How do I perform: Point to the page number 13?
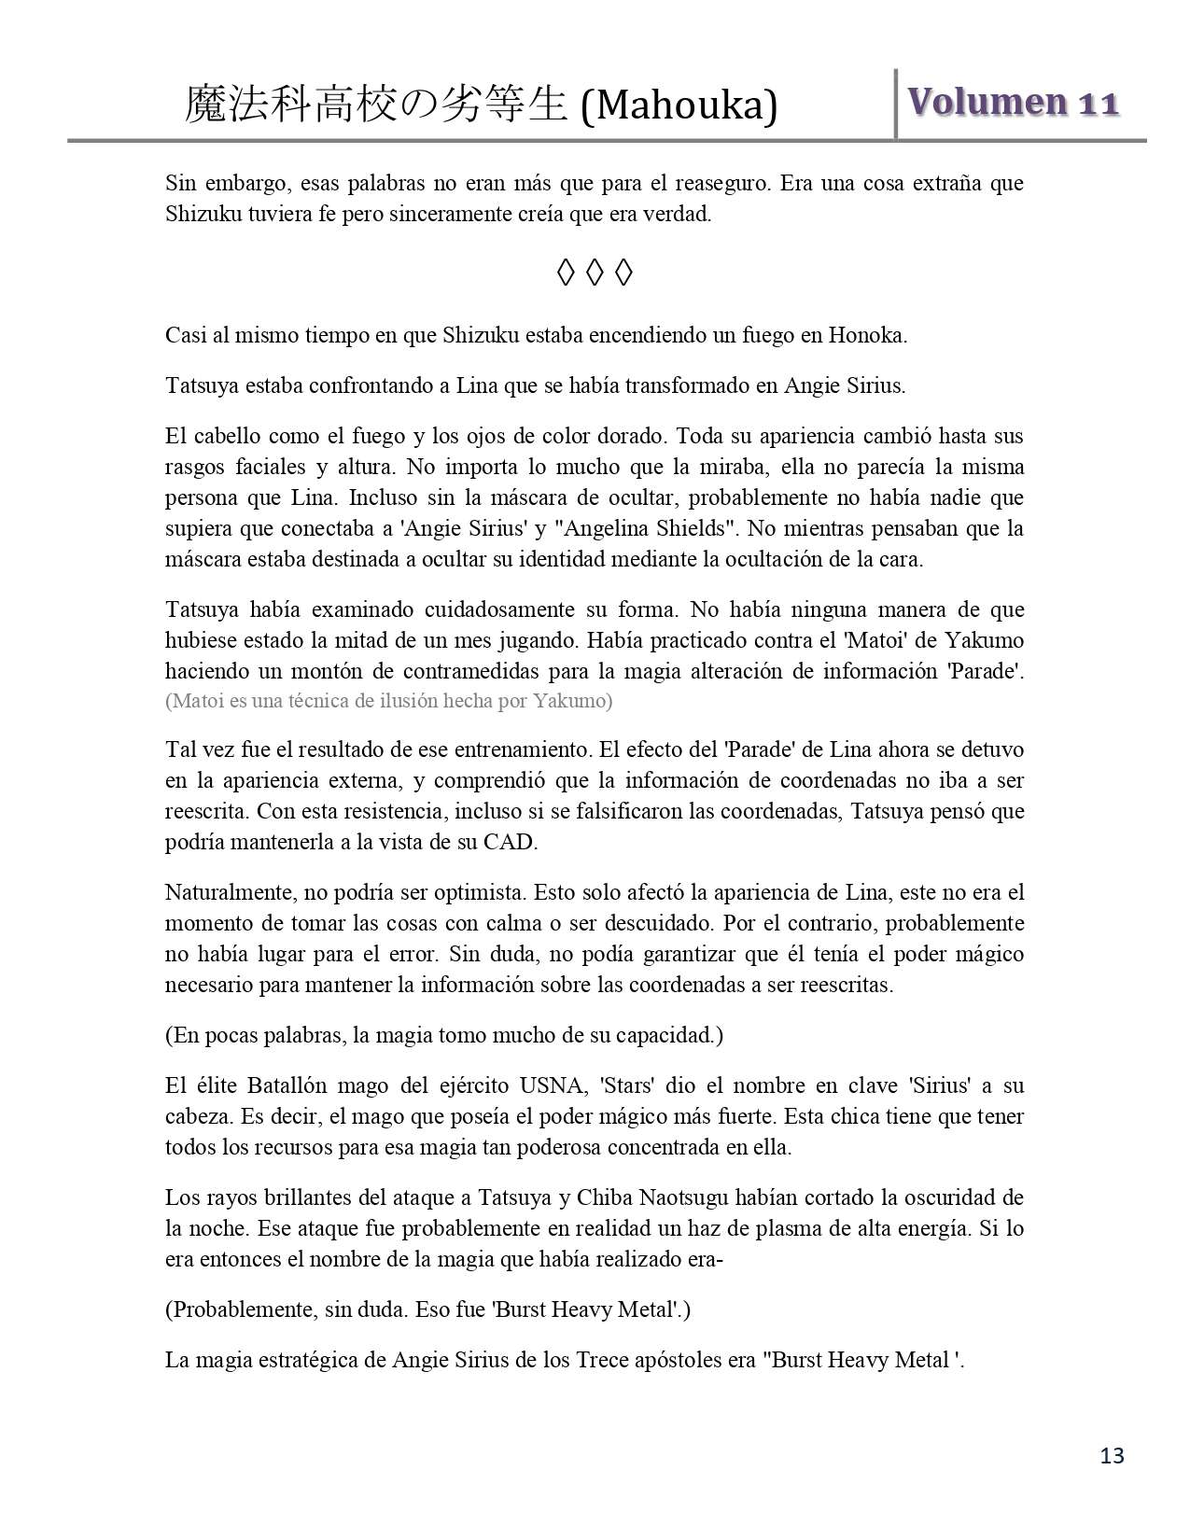pos(1113,1455)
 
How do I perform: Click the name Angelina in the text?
pos(597,528)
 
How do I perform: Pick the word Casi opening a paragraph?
pos(184,335)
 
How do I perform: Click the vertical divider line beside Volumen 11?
pos(896,104)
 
